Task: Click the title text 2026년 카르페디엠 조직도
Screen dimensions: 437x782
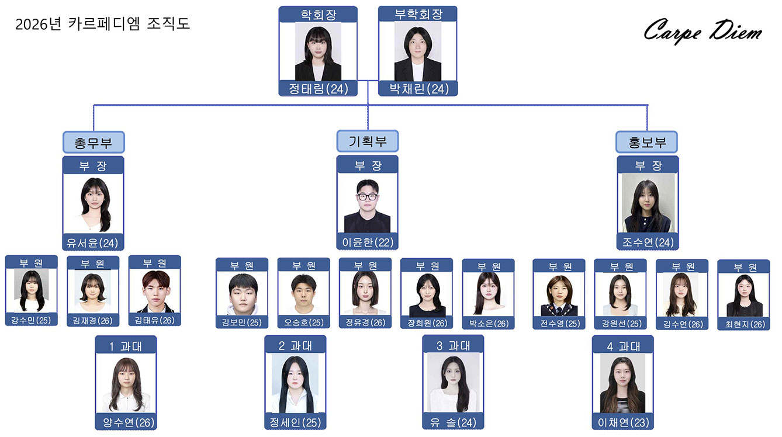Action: pyautogui.click(x=102, y=25)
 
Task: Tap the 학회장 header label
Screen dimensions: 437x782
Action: pyautogui.click(x=318, y=15)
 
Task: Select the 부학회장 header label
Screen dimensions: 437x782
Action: pyautogui.click(x=417, y=15)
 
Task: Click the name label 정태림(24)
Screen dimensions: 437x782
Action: pyautogui.click(x=318, y=89)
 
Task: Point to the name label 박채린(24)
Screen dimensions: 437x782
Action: pyautogui.click(x=417, y=89)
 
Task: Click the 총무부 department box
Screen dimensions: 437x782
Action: pyautogui.click(x=94, y=142)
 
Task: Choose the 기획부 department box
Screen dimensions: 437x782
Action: pyautogui.click(x=368, y=141)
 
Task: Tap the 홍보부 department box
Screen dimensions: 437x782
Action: pyautogui.click(x=647, y=142)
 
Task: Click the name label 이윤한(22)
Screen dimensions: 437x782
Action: pyautogui.click(x=367, y=242)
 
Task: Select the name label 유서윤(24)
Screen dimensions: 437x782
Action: pyautogui.click(x=94, y=242)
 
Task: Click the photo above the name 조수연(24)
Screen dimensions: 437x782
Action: pyautogui.click(x=648, y=203)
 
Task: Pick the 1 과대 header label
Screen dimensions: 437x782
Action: pyautogui.click(x=126, y=346)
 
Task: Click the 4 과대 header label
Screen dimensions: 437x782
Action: pyautogui.click(x=622, y=346)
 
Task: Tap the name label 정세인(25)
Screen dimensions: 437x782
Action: pyautogui.click(x=295, y=422)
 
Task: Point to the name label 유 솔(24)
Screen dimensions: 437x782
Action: pyautogui.click(x=453, y=422)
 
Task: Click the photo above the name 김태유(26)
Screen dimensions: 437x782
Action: pyautogui.click(x=154, y=291)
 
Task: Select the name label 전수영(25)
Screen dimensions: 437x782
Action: pyautogui.click(x=558, y=323)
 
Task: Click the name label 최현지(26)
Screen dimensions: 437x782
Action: pyautogui.click(x=743, y=324)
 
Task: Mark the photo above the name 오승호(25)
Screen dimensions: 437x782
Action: pyautogui.click(x=303, y=294)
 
